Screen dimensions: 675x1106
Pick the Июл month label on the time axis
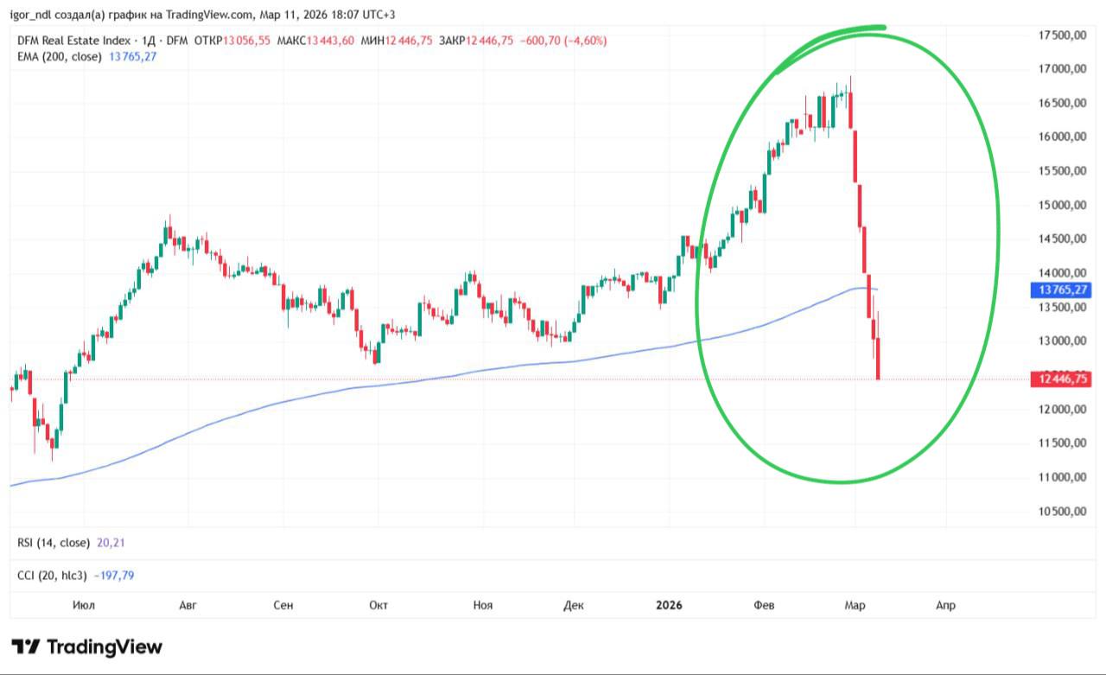(83, 605)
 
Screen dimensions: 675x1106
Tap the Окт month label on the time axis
(378, 605)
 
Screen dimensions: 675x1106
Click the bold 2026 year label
(669, 605)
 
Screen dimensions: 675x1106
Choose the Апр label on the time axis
(945, 605)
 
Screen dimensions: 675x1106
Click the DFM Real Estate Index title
(73, 40)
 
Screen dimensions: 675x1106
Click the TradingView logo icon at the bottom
(25, 646)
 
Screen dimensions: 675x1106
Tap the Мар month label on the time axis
(855, 605)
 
